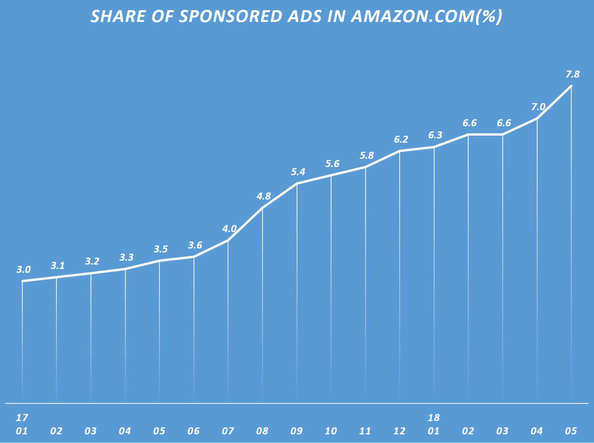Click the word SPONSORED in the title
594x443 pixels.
[230, 16]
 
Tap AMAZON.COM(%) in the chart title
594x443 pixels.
[426, 16]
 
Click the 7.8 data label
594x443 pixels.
[572, 74]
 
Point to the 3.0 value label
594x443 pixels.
[24, 270]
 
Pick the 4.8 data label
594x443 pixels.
[264, 196]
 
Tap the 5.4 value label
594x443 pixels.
[298, 172]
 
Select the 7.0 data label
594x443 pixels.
[538, 107]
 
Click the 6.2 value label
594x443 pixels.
[401, 139]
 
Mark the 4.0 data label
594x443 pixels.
[229, 229]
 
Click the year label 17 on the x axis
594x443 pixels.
[22, 418]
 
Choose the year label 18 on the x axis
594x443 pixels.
[434, 418]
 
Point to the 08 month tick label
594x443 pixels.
[262, 431]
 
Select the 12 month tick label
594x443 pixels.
[399, 431]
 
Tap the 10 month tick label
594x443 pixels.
[331, 431]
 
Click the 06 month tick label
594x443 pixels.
[194, 431]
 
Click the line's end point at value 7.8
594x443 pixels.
[571, 86]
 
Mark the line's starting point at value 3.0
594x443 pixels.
[22, 281]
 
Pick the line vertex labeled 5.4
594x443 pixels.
[297, 183]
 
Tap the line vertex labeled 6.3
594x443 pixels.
[434, 147]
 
